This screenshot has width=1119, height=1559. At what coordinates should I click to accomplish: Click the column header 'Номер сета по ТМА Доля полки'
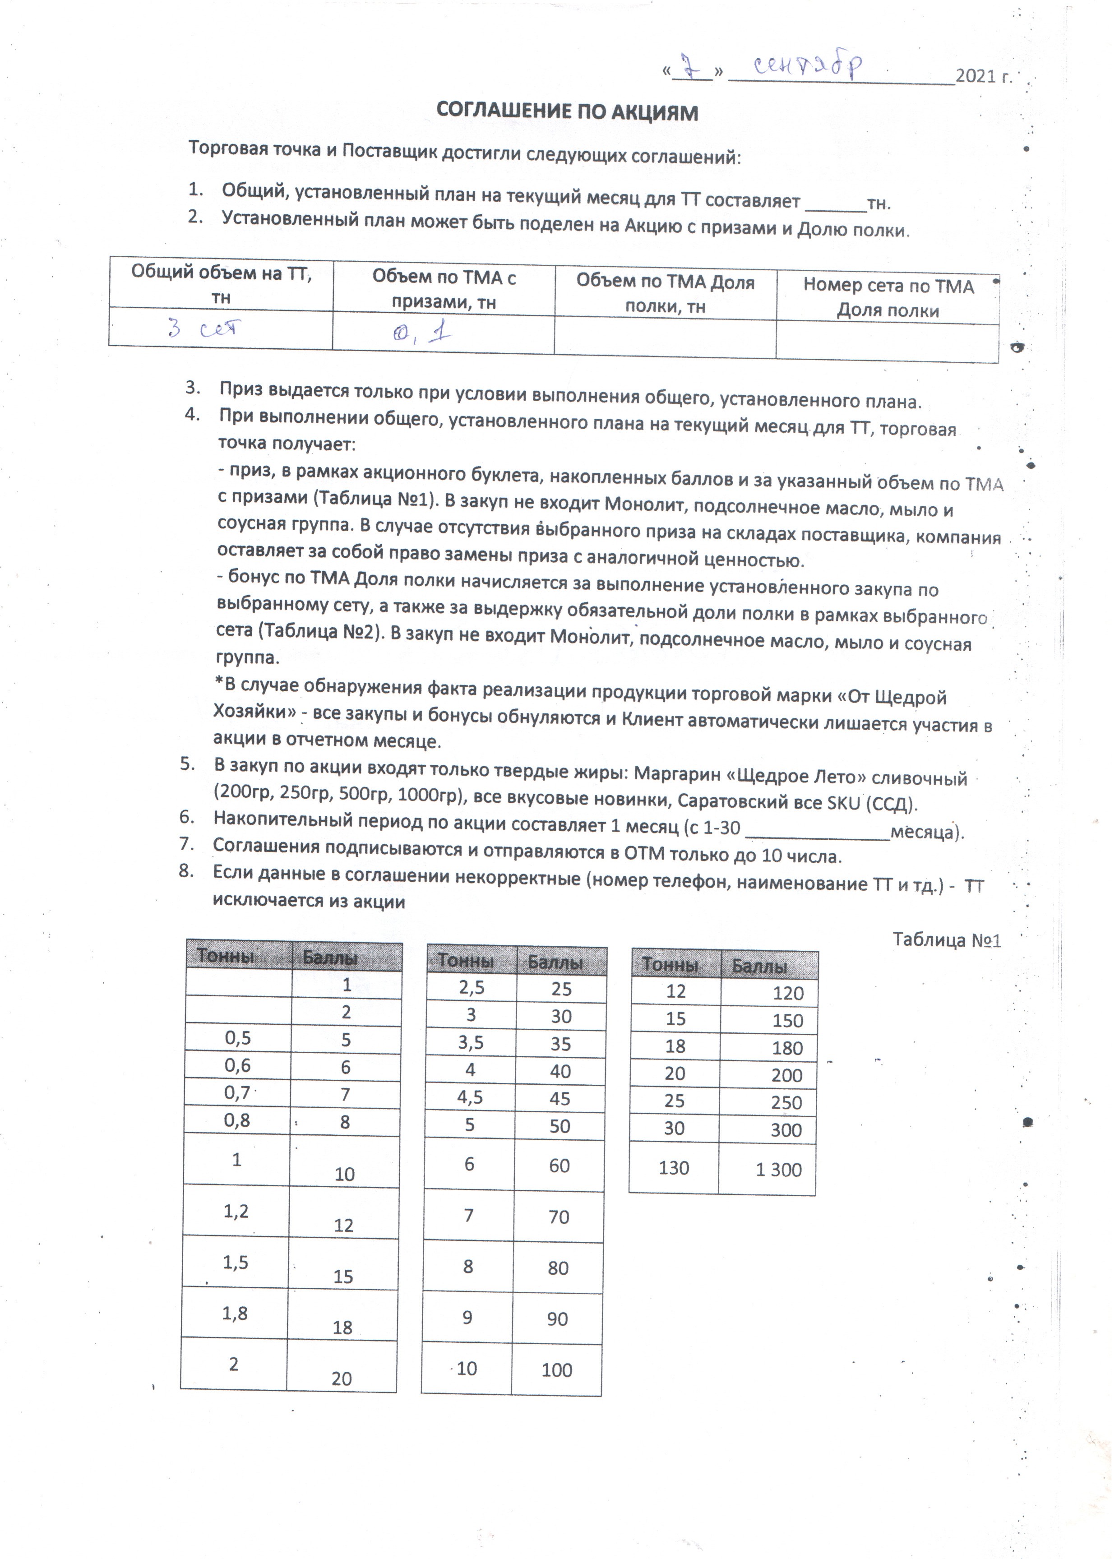tap(888, 298)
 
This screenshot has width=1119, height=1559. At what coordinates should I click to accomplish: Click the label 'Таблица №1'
tap(947, 939)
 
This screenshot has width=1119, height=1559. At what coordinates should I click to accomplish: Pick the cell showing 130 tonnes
tap(674, 1167)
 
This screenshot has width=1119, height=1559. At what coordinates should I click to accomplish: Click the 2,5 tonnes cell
tap(472, 988)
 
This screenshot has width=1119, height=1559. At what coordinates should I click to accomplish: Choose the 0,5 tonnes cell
tap(238, 1038)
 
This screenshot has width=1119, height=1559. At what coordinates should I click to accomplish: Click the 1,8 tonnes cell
tap(235, 1313)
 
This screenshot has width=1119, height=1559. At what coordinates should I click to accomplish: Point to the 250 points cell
tap(786, 1102)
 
